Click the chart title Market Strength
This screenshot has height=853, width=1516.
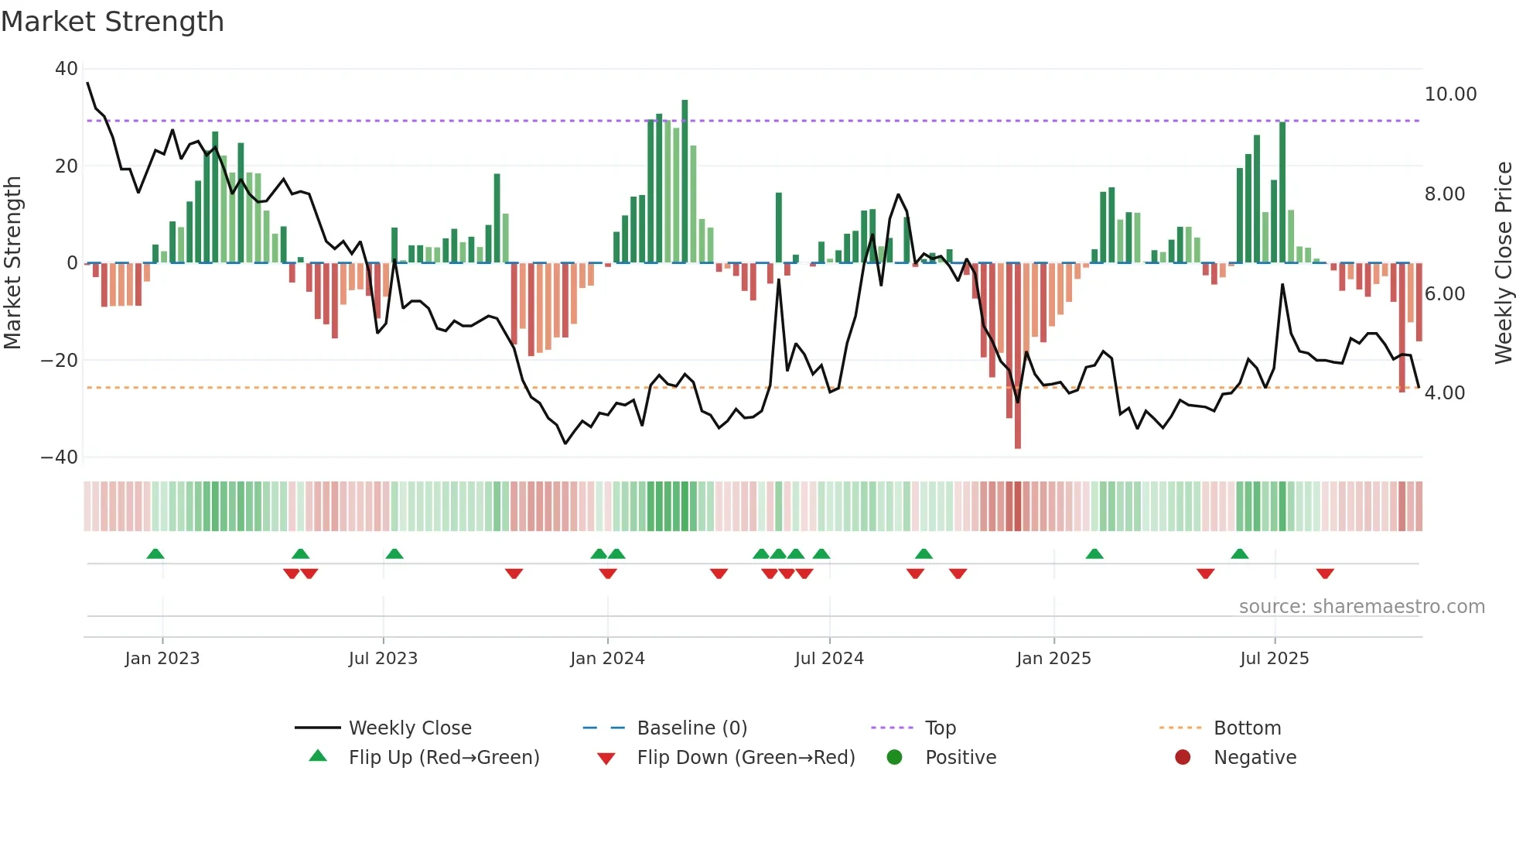click(x=112, y=22)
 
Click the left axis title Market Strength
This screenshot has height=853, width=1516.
click(x=13, y=262)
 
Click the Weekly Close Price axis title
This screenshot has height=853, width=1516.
click(x=1503, y=262)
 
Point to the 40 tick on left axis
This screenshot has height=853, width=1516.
click(x=67, y=69)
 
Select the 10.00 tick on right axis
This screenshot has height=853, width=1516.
click(x=1450, y=94)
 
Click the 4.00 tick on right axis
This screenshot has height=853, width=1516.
click(x=1444, y=393)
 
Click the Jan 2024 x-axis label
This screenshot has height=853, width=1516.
click(x=607, y=659)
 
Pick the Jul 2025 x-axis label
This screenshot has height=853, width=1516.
click(x=1274, y=659)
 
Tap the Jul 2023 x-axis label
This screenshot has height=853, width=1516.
click(x=383, y=659)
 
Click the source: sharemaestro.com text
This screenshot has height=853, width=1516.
click(x=1361, y=607)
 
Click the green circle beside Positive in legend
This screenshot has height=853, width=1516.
click(x=894, y=758)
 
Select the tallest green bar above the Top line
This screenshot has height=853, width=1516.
click(x=685, y=178)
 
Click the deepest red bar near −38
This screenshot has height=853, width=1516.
click(x=1018, y=356)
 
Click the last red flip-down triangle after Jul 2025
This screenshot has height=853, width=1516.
click(x=1325, y=574)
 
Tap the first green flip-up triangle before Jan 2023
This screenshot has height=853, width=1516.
click(x=155, y=553)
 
